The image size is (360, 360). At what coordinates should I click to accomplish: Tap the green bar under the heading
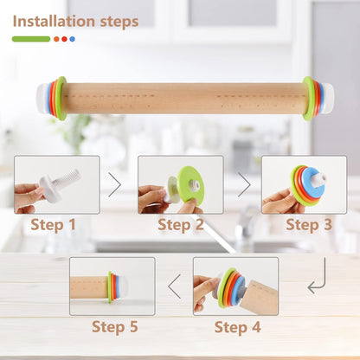coord(30,39)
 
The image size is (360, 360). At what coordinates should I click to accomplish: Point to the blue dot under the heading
coord(72,39)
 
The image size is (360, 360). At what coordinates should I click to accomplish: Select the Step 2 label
coord(181,227)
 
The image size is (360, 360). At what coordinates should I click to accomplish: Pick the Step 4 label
coord(237,327)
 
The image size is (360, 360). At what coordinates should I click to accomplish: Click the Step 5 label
coord(114,327)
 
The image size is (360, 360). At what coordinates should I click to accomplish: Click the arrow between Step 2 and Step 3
coord(244,184)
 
